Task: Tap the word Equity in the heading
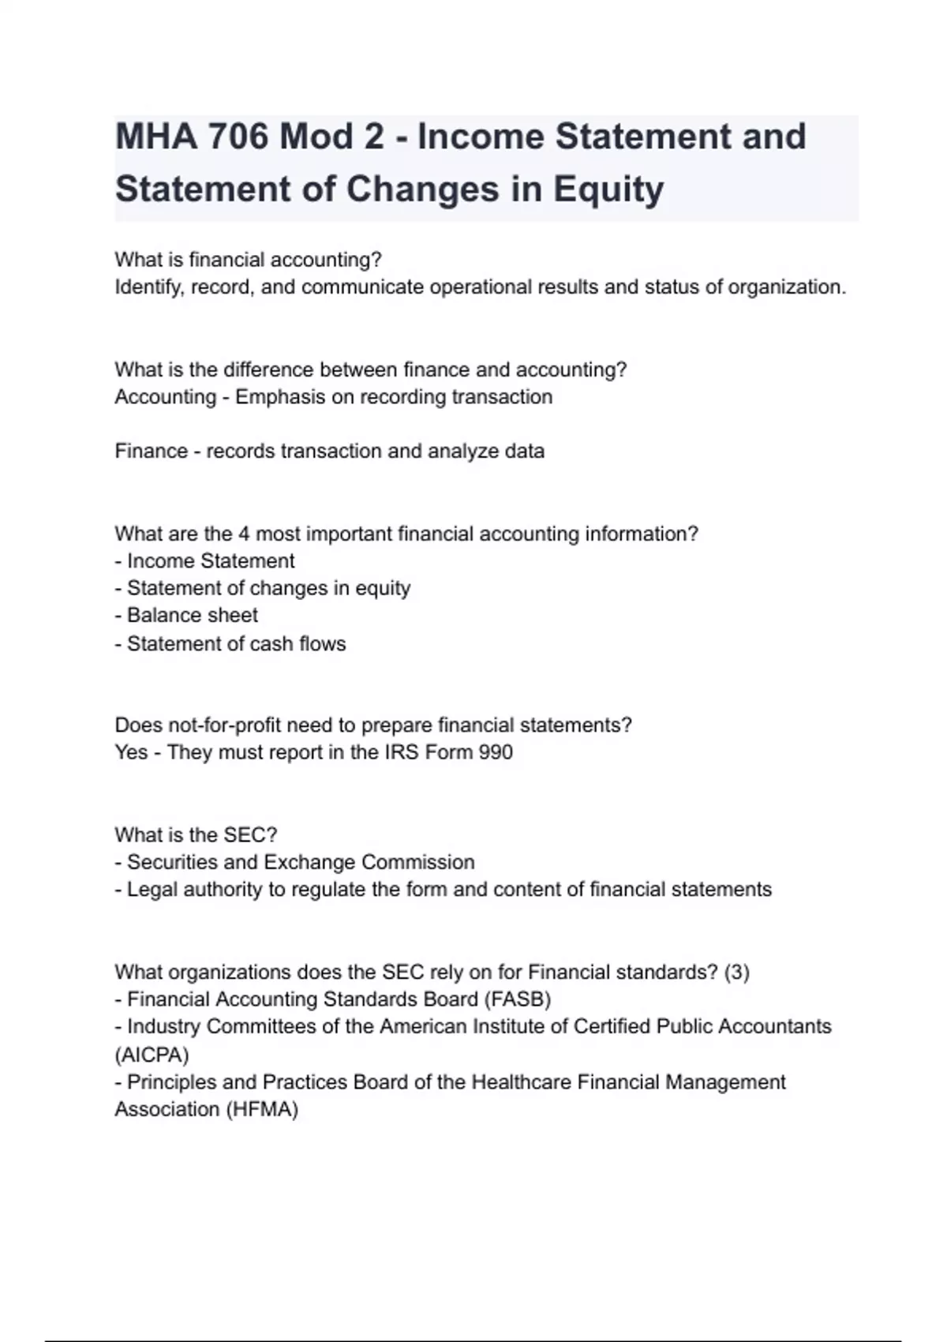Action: [x=608, y=189]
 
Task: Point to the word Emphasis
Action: [x=280, y=397]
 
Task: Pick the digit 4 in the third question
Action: [x=244, y=534]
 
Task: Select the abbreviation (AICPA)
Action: [x=152, y=1055]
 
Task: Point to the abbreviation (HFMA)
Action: [x=261, y=1110]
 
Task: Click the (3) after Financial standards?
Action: [x=736, y=973]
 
